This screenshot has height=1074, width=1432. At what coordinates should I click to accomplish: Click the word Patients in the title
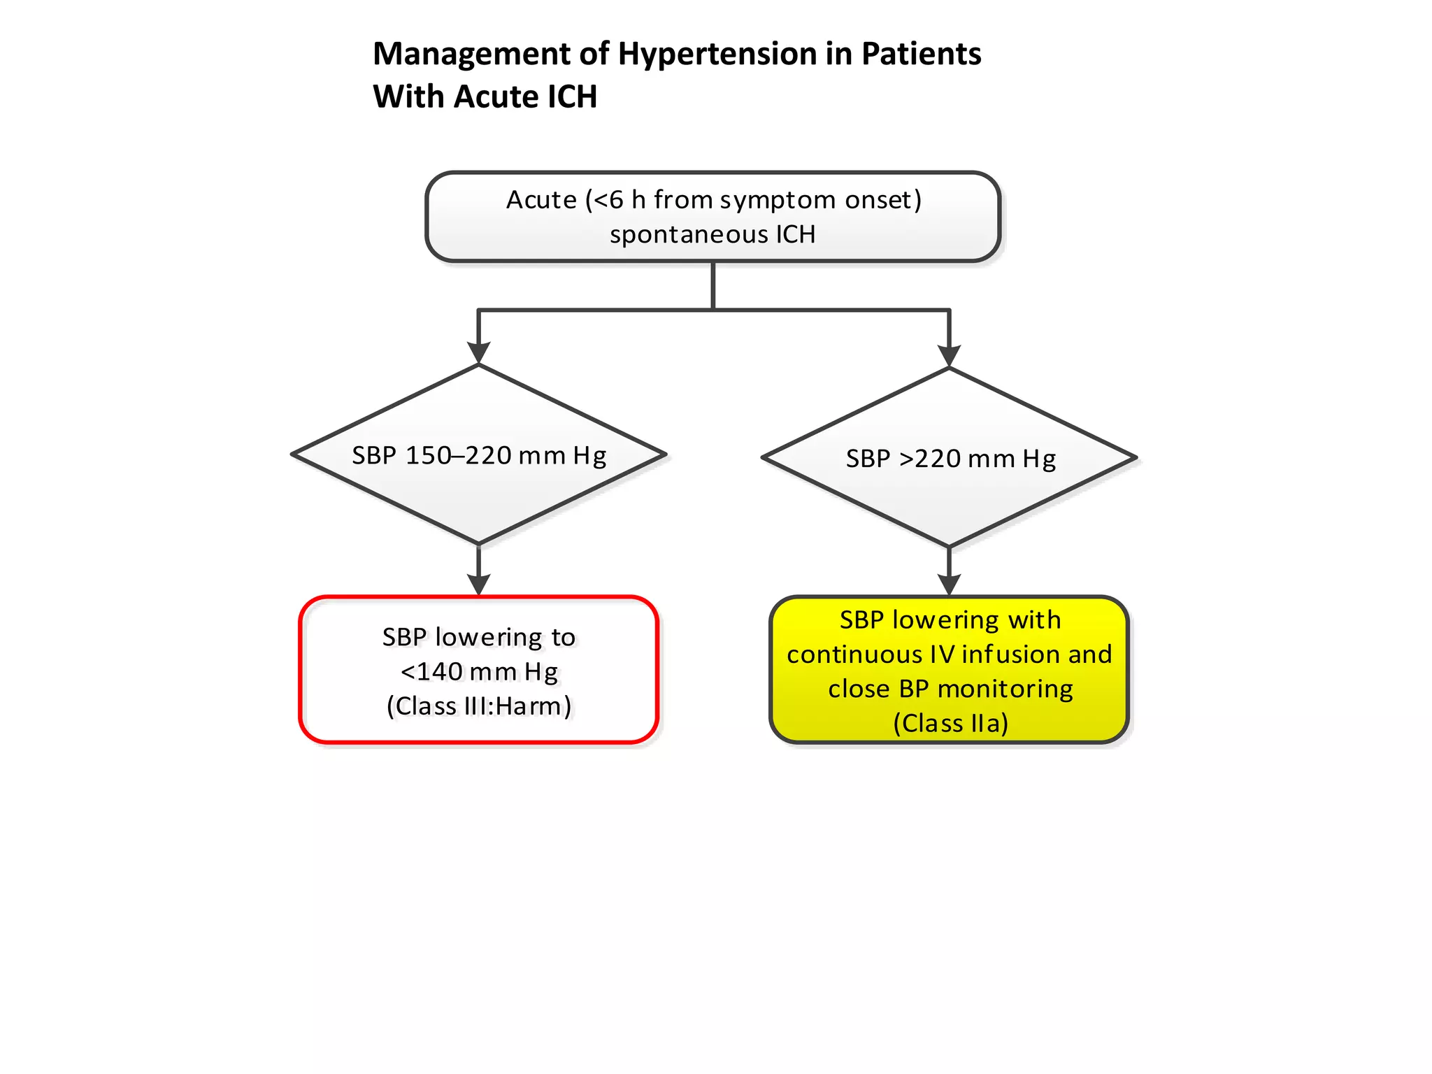coord(921,54)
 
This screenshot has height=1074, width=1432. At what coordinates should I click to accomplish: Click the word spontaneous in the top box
coord(688,235)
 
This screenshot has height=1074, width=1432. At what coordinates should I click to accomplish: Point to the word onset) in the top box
coord(883,200)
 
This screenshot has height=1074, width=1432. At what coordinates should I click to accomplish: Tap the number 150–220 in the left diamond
coord(459,456)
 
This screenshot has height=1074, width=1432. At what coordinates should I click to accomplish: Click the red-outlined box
coord(478,727)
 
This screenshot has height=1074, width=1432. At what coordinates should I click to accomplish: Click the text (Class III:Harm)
coord(479,706)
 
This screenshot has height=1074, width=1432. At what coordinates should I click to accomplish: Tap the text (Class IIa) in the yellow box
coord(950,724)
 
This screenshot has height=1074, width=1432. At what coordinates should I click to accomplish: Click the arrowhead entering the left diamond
coord(478,352)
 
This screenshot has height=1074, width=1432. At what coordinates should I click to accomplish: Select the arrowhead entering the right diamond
coord(949,355)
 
